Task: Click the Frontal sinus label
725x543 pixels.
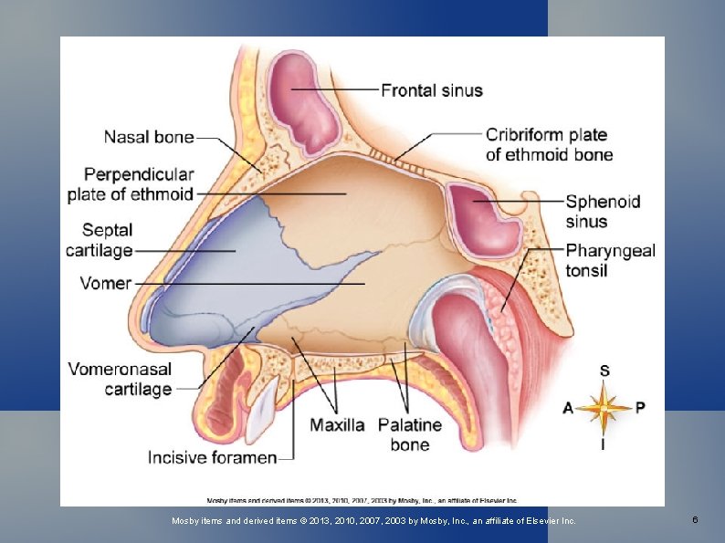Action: (431, 90)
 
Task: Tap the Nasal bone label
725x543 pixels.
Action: (149, 138)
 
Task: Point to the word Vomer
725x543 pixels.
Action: (106, 283)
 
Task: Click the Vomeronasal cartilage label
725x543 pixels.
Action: (120, 380)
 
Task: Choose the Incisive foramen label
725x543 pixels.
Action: (212, 457)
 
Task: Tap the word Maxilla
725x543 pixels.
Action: (337, 425)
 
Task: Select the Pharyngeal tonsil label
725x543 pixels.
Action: (610, 260)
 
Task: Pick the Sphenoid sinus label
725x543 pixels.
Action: (603, 212)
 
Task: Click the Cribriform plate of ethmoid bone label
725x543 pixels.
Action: (549, 144)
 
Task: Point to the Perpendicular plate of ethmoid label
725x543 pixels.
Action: (131, 183)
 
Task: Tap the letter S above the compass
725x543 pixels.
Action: (604, 371)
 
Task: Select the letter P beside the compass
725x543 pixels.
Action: (639, 407)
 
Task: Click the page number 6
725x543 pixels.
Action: (695, 520)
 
